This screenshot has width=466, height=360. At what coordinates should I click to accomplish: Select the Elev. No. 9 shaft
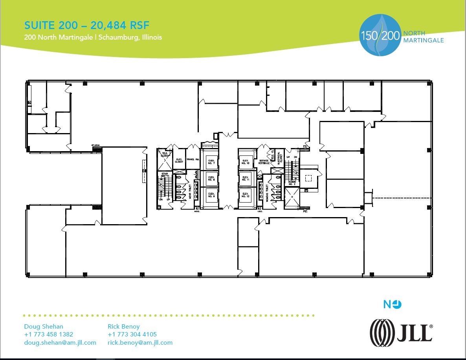tap(211, 195)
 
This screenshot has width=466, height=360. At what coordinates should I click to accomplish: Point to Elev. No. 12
tap(246, 195)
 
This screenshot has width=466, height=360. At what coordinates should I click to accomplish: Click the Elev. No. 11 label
tap(246, 179)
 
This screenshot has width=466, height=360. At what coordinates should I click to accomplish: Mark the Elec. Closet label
tap(179, 161)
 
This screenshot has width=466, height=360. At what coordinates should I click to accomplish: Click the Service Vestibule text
tap(264, 162)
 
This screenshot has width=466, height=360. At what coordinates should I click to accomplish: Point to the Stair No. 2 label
tap(292, 182)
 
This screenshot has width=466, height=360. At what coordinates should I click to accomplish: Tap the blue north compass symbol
tap(393, 304)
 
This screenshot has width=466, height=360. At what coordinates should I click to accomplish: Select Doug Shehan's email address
tap(60, 342)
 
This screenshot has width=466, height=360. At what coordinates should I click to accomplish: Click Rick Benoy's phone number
tap(132, 334)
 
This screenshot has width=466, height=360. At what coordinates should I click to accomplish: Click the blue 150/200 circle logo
tap(380, 35)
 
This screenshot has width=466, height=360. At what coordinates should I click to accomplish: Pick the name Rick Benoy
tap(123, 326)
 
